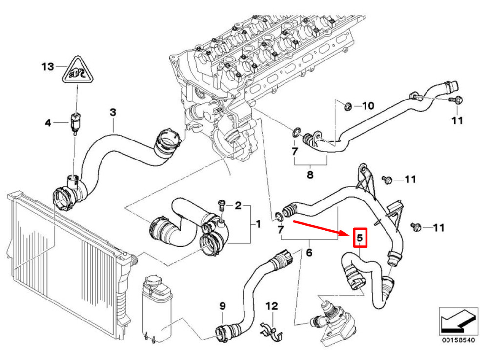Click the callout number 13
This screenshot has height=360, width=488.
click(x=48, y=67)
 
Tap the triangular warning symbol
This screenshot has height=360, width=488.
click(x=78, y=71)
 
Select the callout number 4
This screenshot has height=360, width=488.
click(x=48, y=123)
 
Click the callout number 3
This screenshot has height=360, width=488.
click(x=113, y=112)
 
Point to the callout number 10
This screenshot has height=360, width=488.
click(x=368, y=106)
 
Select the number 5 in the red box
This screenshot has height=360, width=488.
click(x=360, y=238)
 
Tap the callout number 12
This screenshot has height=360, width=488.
click(x=272, y=306)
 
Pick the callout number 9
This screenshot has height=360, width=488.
click(x=222, y=306)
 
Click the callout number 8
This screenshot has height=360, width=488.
click(x=310, y=175)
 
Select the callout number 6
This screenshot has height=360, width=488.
click(x=309, y=252)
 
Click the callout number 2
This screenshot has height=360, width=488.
click(x=238, y=206)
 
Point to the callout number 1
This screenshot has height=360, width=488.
click(x=258, y=224)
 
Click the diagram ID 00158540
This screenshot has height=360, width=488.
click(x=458, y=340)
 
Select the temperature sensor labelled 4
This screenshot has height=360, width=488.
click(x=75, y=122)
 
